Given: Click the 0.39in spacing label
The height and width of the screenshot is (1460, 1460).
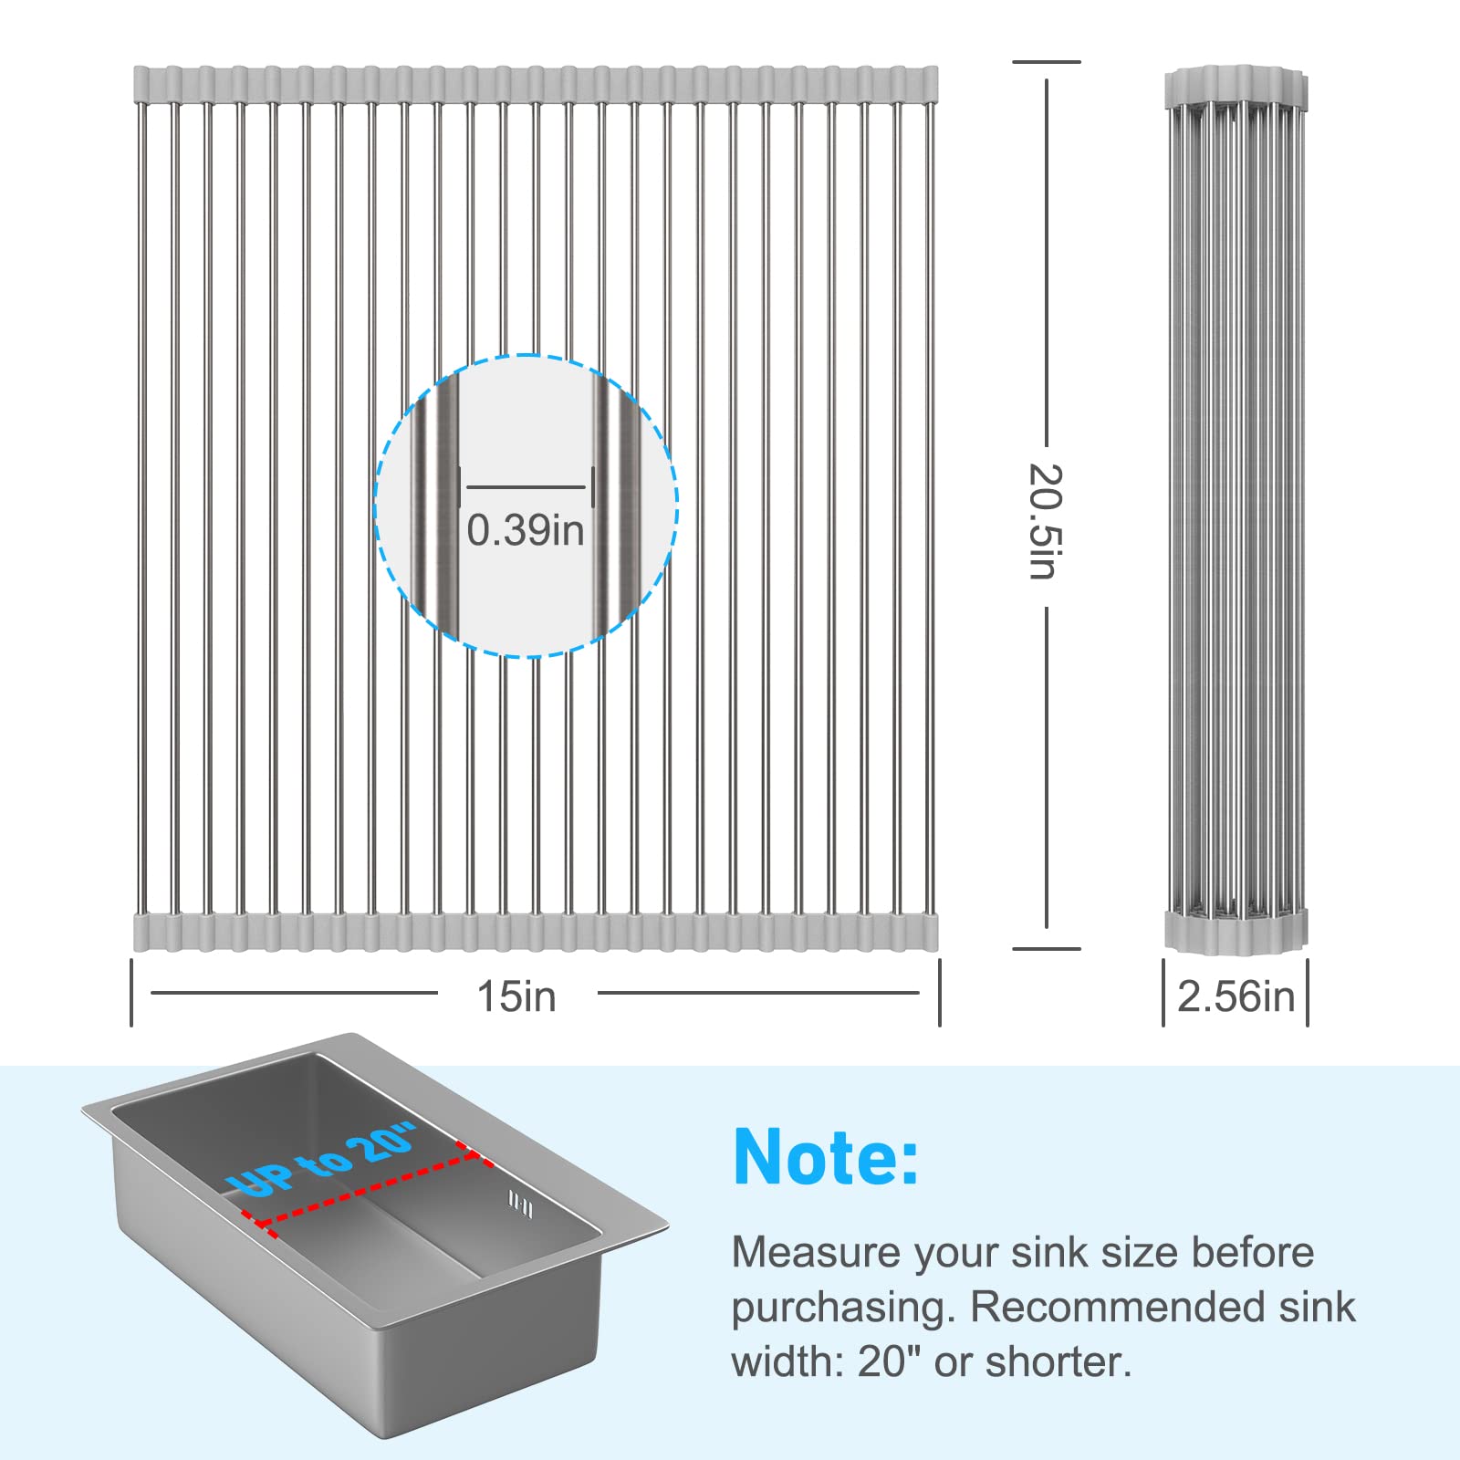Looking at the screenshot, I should [526, 530].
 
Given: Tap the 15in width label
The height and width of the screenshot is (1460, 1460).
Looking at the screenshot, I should [516, 996].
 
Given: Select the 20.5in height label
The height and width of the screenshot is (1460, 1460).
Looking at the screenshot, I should [1047, 521].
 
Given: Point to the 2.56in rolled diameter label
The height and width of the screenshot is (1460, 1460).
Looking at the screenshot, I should [1236, 996].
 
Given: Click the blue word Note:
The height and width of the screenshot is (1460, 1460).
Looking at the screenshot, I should [826, 1157].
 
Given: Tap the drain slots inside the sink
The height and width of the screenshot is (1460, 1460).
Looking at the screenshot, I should [520, 1205].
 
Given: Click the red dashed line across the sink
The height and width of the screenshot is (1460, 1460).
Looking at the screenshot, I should [365, 1190].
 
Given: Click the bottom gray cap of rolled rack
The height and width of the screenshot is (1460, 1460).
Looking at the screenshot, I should [1236, 929].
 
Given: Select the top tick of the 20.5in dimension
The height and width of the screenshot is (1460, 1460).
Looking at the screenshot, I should [1047, 62].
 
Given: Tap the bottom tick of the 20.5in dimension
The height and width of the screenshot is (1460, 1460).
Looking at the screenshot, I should [1047, 949].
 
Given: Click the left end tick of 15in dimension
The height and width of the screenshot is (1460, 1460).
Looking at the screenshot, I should [132, 992].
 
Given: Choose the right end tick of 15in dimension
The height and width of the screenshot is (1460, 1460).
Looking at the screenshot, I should [939, 992].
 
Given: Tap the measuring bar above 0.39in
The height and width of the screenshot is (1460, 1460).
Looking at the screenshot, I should [527, 486].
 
